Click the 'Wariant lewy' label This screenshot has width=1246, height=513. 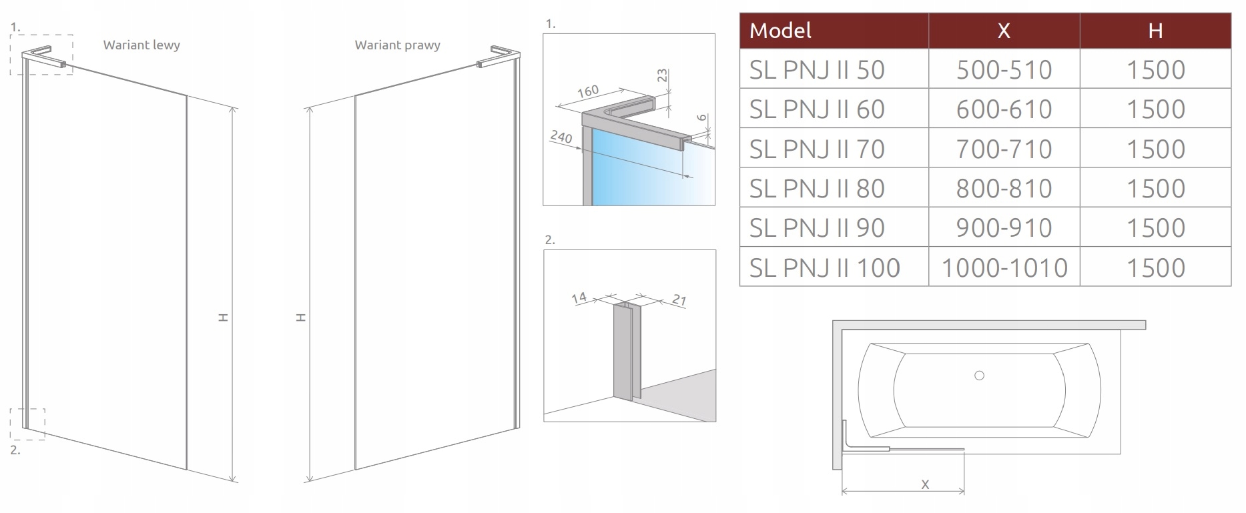click(x=141, y=45)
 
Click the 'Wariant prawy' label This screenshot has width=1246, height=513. click(x=397, y=45)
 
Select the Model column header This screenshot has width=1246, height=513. click(x=780, y=31)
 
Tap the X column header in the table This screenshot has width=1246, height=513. click(x=1003, y=31)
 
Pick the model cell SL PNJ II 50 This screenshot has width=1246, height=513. click(x=816, y=70)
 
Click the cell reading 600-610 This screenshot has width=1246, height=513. click(x=1004, y=109)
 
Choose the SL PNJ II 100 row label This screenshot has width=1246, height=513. click(x=824, y=268)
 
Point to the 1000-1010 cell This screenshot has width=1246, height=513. click(x=1004, y=268)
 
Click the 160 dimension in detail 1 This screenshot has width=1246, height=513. click(x=588, y=91)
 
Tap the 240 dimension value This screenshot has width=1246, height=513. click(x=561, y=137)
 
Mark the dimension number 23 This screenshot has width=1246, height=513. click(x=662, y=75)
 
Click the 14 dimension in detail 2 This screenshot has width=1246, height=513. click(x=579, y=298)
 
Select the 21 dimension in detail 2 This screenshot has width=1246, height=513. click(x=679, y=300)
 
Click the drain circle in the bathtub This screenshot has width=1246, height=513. click(x=979, y=376)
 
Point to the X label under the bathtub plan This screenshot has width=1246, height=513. click(x=925, y=485)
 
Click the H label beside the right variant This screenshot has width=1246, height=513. click(x=301, y=318)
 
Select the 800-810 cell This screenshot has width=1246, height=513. click(x=1004, y=189)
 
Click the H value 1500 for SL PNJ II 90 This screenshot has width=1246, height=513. click(x=1155, y=228)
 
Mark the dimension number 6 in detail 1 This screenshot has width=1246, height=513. click(x=701, y=117)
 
